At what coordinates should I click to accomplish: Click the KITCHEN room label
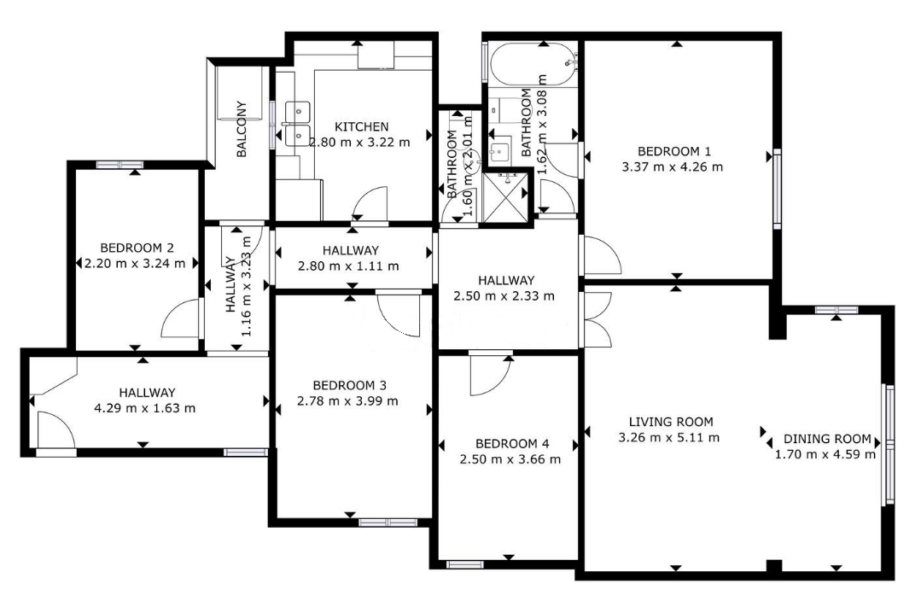point(361,126)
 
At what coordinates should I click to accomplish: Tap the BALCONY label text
point(242,129)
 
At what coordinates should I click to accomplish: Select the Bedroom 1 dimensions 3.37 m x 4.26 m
point(673,167)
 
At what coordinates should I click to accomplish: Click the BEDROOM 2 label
point(137,248)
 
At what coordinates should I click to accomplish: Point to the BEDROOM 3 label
point(349,386)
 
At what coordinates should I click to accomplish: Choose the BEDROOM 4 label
point(512,444)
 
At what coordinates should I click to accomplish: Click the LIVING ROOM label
point(671,422)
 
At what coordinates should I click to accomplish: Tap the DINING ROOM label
point(827,439)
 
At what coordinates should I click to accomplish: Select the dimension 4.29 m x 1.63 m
point(145,408)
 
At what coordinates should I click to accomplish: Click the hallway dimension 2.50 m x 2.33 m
point(504,295)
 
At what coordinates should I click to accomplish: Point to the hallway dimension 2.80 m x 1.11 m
point(349,266)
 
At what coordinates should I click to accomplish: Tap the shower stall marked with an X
point(505,198)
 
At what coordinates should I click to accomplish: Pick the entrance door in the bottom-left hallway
point(56,430)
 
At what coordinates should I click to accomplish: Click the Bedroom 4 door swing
point(491,375)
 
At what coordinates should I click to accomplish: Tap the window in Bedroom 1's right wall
point(777,189)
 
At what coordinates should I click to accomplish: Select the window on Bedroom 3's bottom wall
point(388,523)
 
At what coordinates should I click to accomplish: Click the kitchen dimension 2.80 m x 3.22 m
point(359,143)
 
